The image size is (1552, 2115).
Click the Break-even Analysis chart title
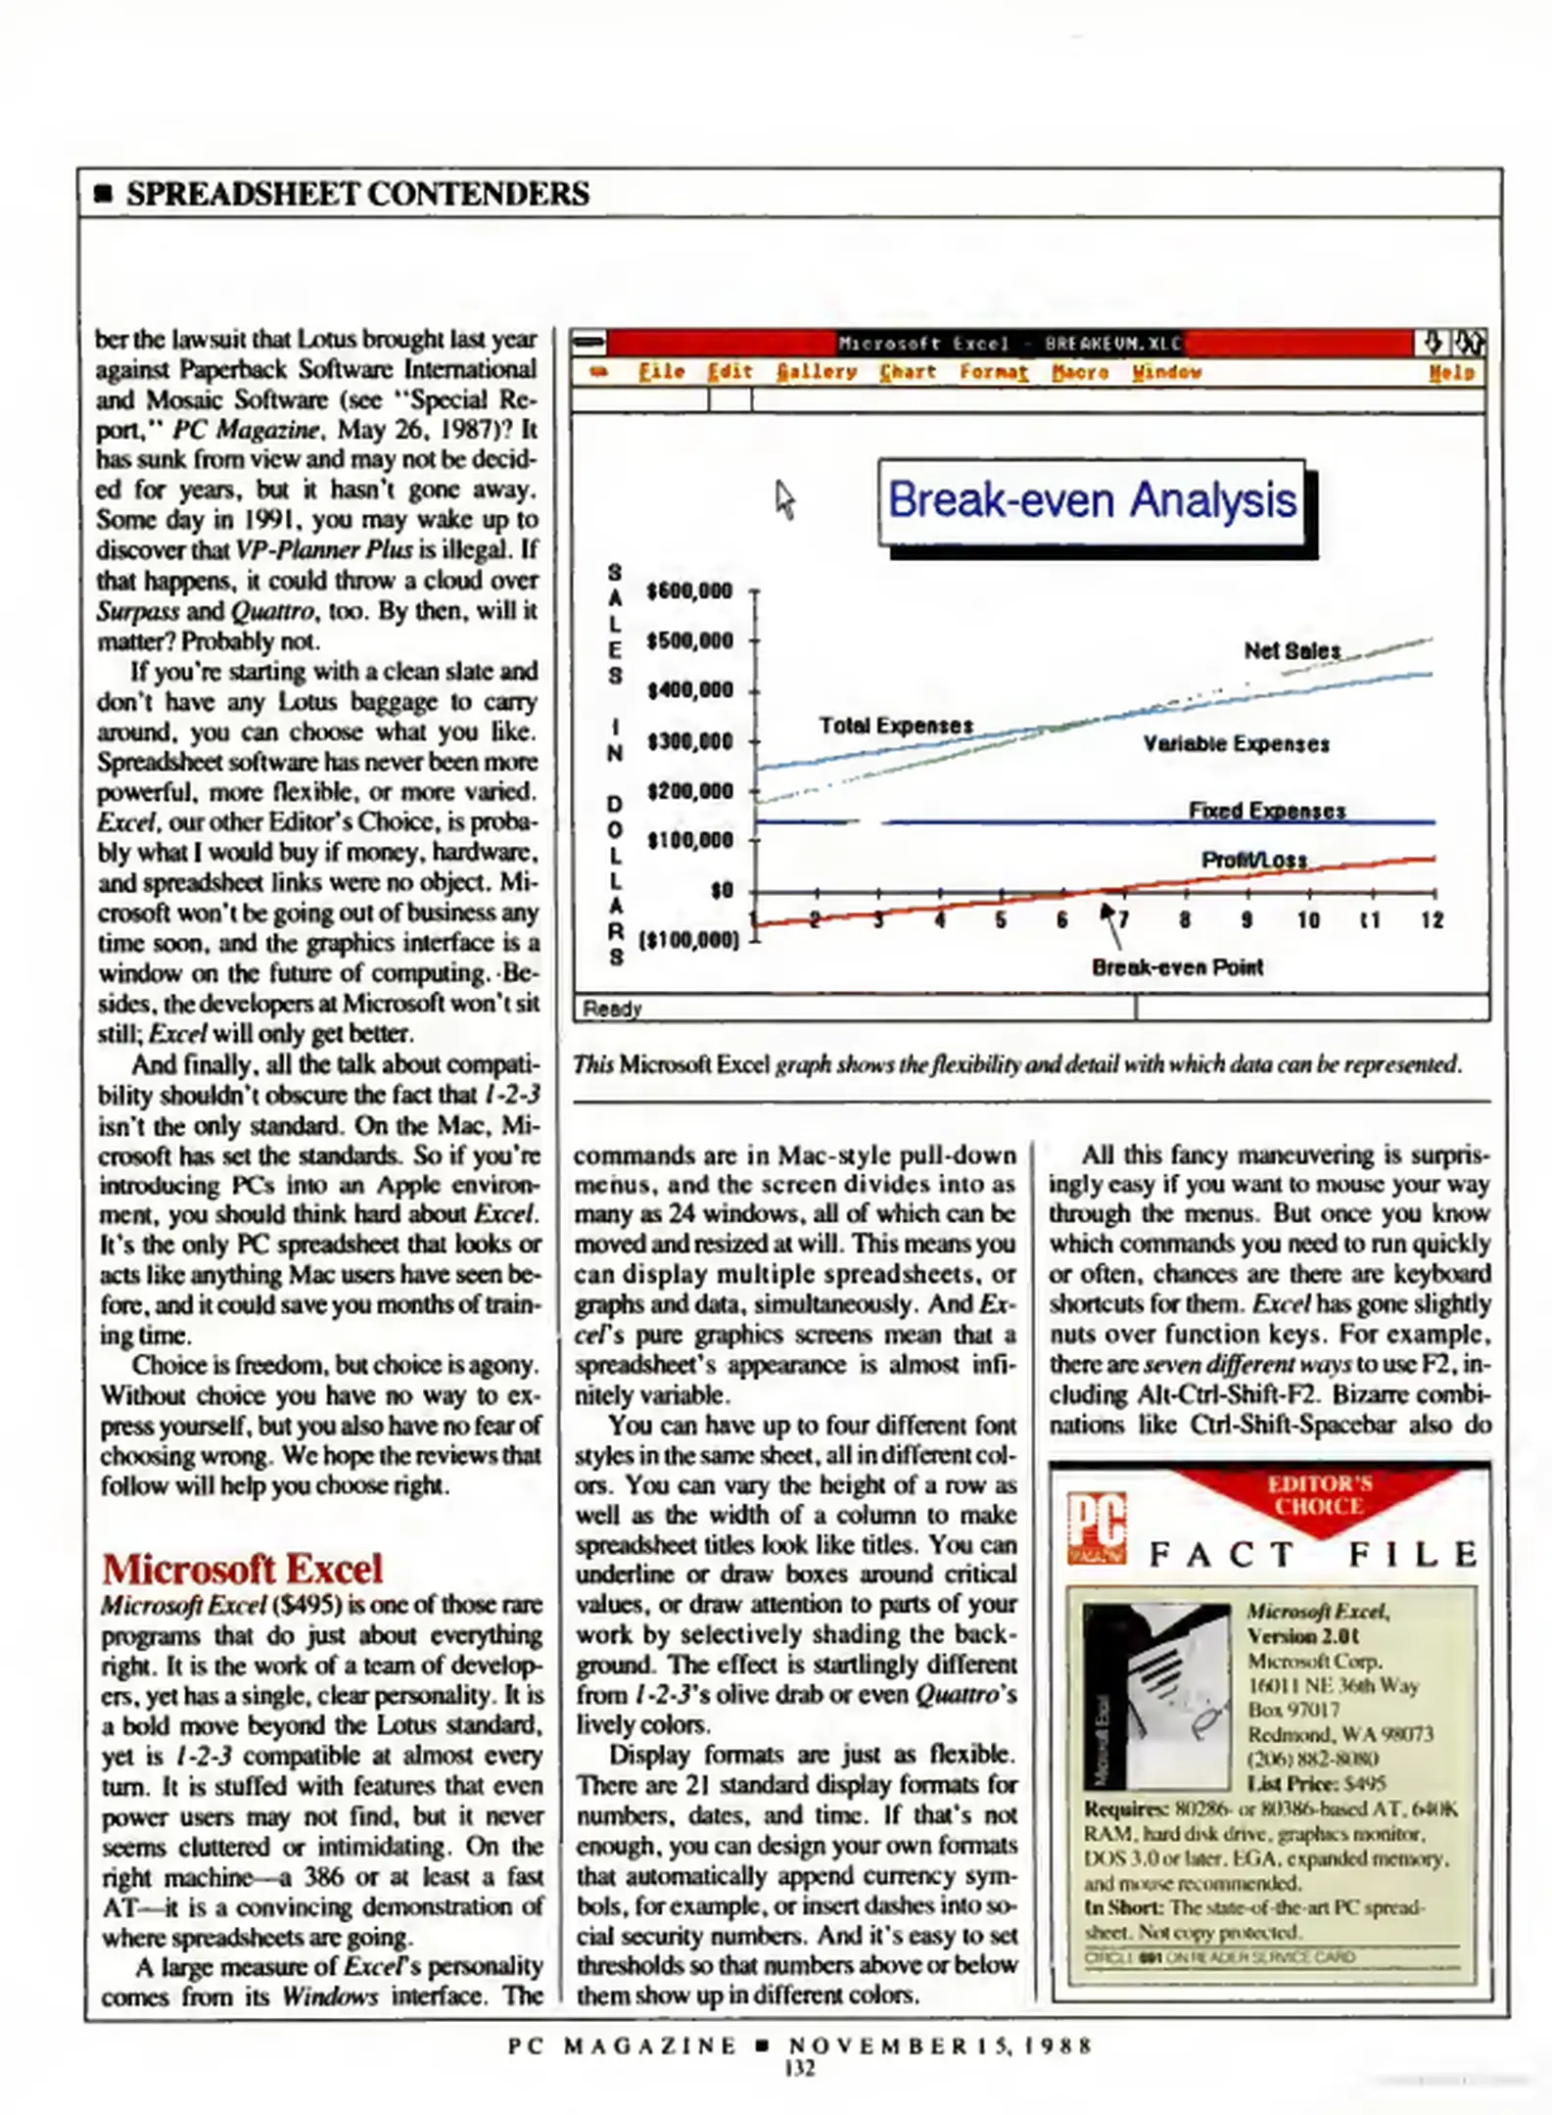tap(1091, 500)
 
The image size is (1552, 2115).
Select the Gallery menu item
tap(816, 372)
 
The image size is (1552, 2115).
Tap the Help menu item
tap(1450, 372)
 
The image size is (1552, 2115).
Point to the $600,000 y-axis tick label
tap(689, 590)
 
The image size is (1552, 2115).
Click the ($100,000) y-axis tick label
tap(688, 940)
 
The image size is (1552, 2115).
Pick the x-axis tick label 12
tap(1432, 919)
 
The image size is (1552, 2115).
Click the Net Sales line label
tap(1292, 650)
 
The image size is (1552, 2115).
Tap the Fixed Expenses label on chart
tap(1266, 810)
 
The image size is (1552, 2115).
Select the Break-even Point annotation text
tap(1177, 966)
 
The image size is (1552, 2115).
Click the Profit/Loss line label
tap(1253, 860)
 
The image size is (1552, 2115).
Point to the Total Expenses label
tap(896, 726)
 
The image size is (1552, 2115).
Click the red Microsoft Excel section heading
tap(242, 1569)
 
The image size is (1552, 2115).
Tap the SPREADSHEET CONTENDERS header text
tap(357, 194)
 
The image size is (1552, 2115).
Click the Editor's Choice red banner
tap(1319, 1496)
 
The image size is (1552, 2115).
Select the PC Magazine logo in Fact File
tap(1096, 1527)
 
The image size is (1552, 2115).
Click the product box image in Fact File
tap(1156, 1694)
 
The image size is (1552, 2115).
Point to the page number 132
tap(799, 2068)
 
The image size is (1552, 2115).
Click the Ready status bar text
tap(612, 1009)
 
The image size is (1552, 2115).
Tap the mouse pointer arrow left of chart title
tap(784, 499)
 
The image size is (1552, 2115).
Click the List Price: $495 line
tap(1315, 1783)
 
